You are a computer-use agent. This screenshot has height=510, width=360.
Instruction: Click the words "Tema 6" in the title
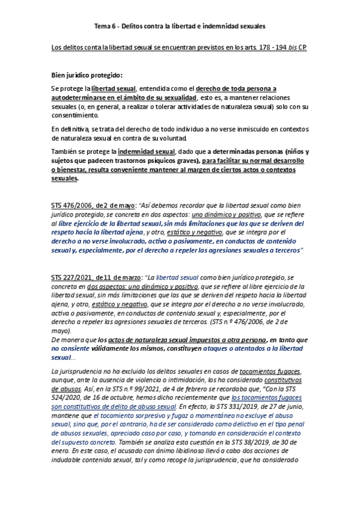click(106, 26)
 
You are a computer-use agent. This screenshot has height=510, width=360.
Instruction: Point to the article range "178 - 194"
click(270, 46)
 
